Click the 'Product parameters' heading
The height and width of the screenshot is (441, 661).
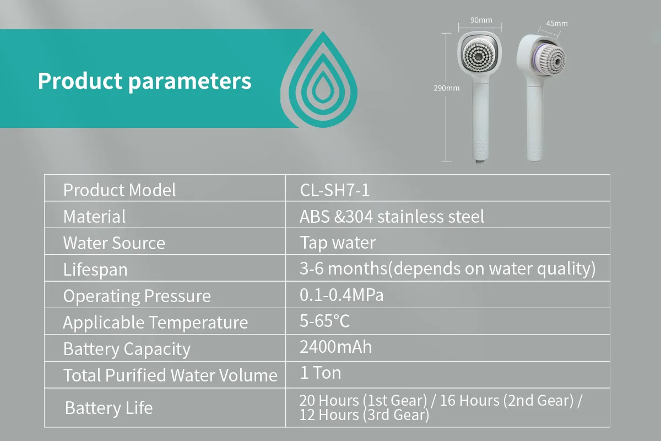tap(144, 81)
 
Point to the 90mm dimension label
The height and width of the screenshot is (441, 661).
tap(481, 20)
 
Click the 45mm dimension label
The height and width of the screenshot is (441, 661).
tap(557, 24)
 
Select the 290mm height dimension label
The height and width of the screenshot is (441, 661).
tap(447, 88)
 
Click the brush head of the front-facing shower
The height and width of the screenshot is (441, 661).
tap(479, 55)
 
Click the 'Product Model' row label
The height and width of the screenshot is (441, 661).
tap(120, 190)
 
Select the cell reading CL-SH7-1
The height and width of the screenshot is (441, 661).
tap(335, 190)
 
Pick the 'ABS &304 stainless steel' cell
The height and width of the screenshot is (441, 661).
tap(392, 216)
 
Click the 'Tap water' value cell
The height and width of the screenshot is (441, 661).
tap(338, 243)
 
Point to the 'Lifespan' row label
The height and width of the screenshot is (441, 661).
tap(95, 270)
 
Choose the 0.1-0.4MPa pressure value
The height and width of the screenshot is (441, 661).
tap(342, 295)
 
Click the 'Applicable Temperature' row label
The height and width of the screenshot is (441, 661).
tap(155, 322)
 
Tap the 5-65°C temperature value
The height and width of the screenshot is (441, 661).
tap(324, 321)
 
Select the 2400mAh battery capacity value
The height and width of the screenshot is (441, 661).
tap(336, 347)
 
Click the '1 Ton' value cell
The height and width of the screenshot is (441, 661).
tap(321, 373)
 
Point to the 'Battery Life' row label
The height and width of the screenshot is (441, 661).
tap(109, 407)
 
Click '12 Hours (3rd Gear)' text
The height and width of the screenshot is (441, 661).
tap(364, 415)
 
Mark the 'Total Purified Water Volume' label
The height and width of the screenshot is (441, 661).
tap(170, 375)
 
